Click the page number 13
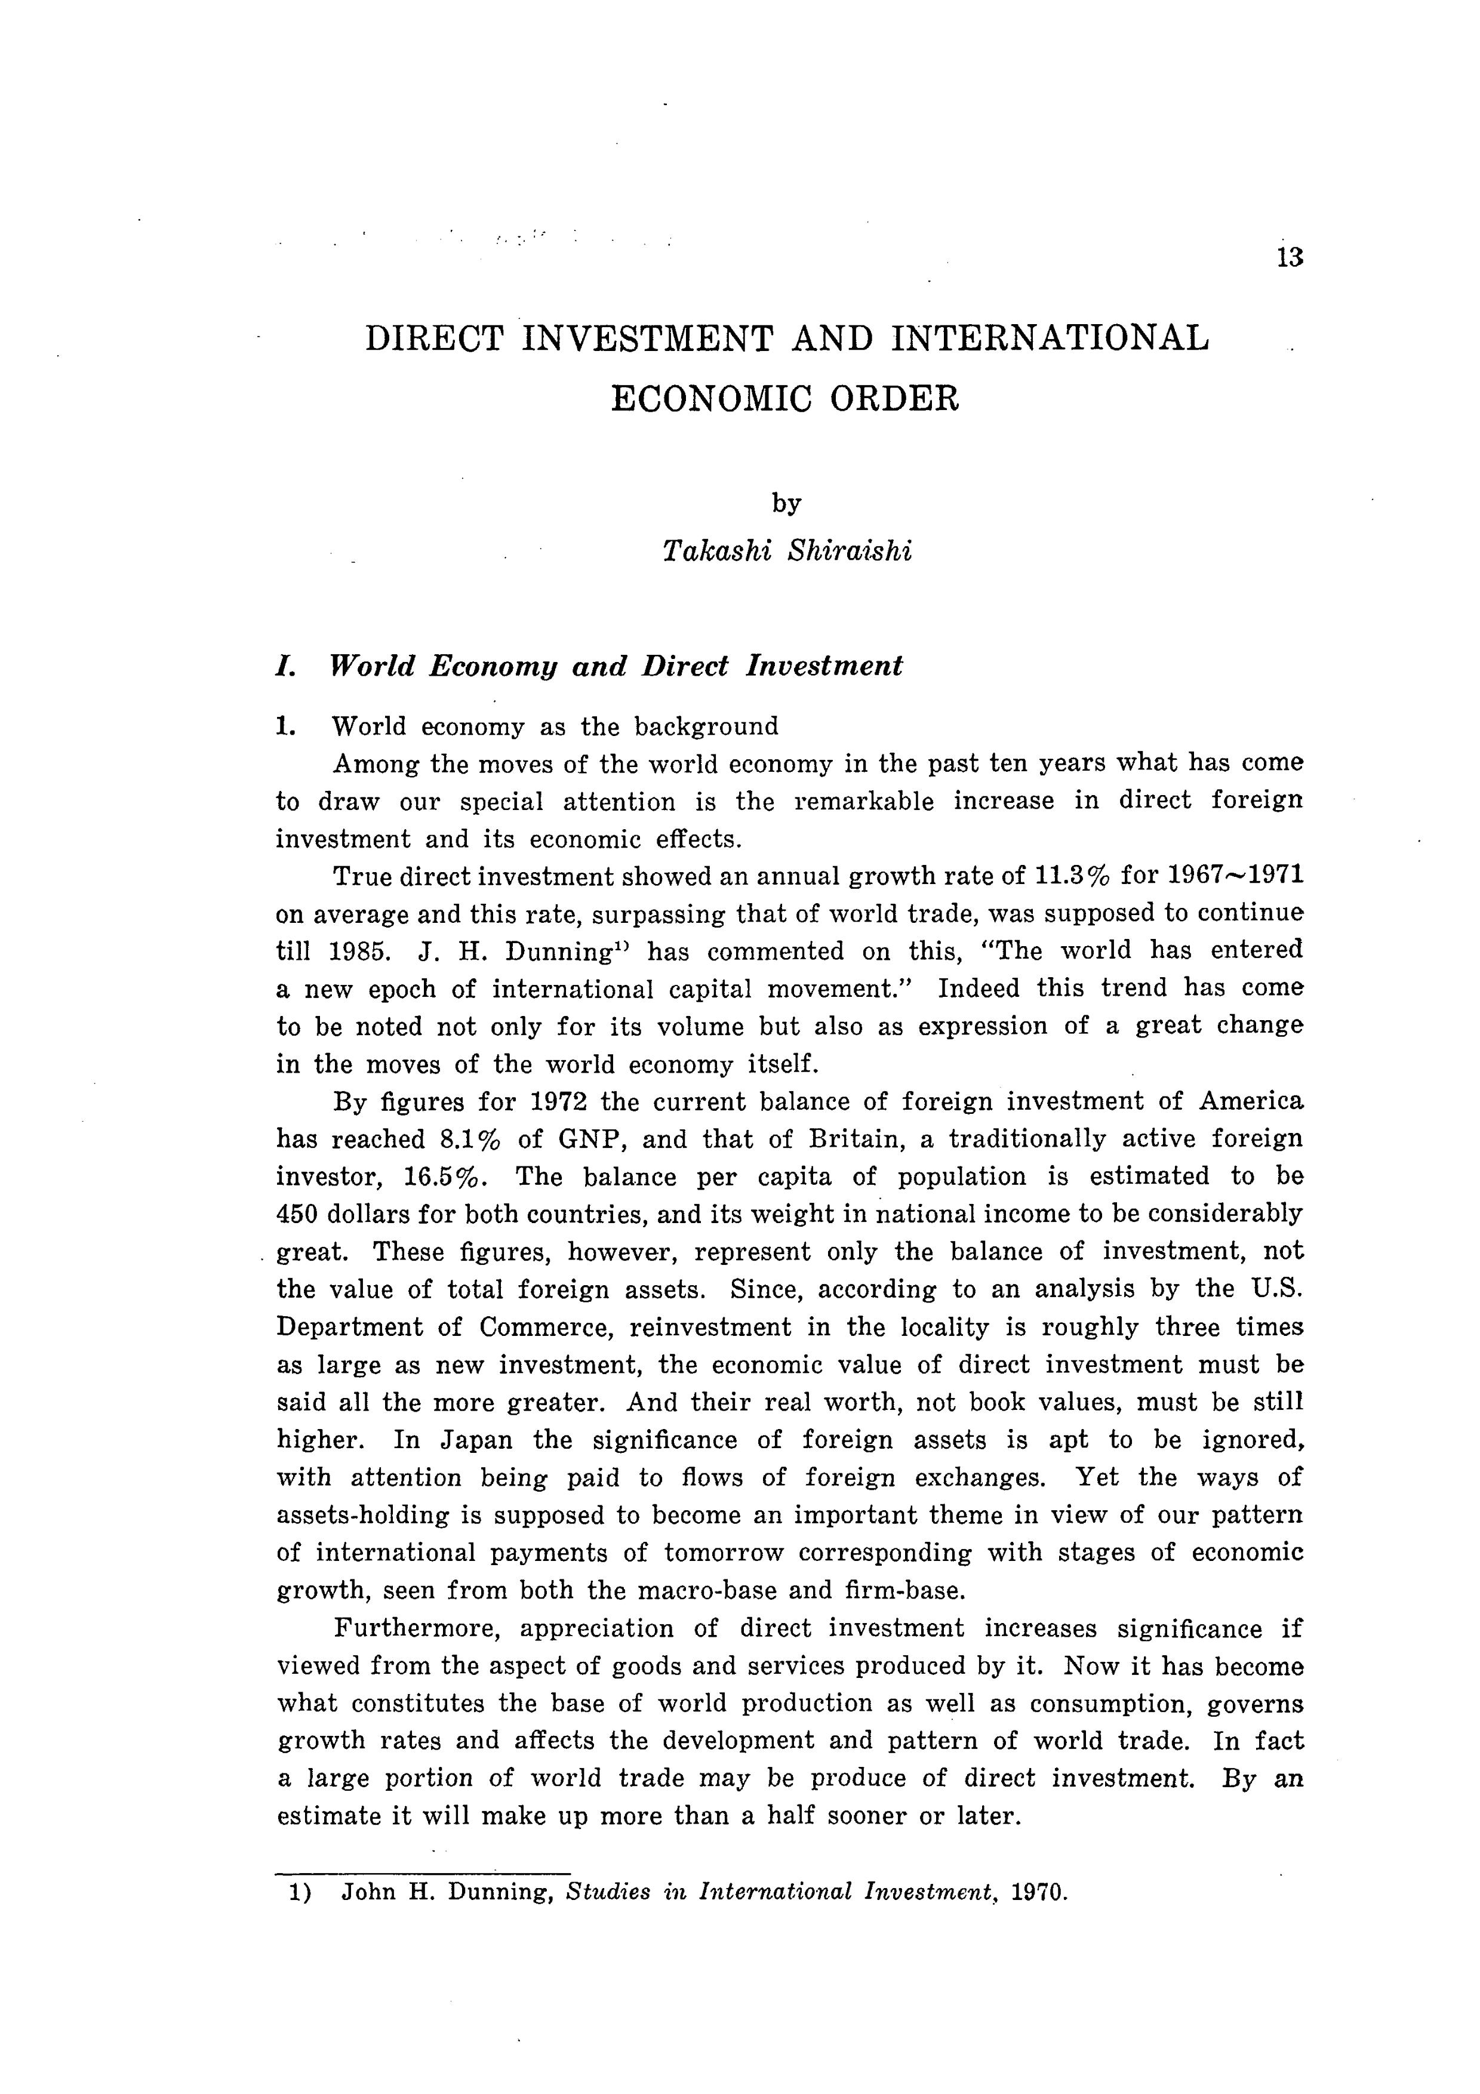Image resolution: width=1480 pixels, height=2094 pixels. point(1290,257)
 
